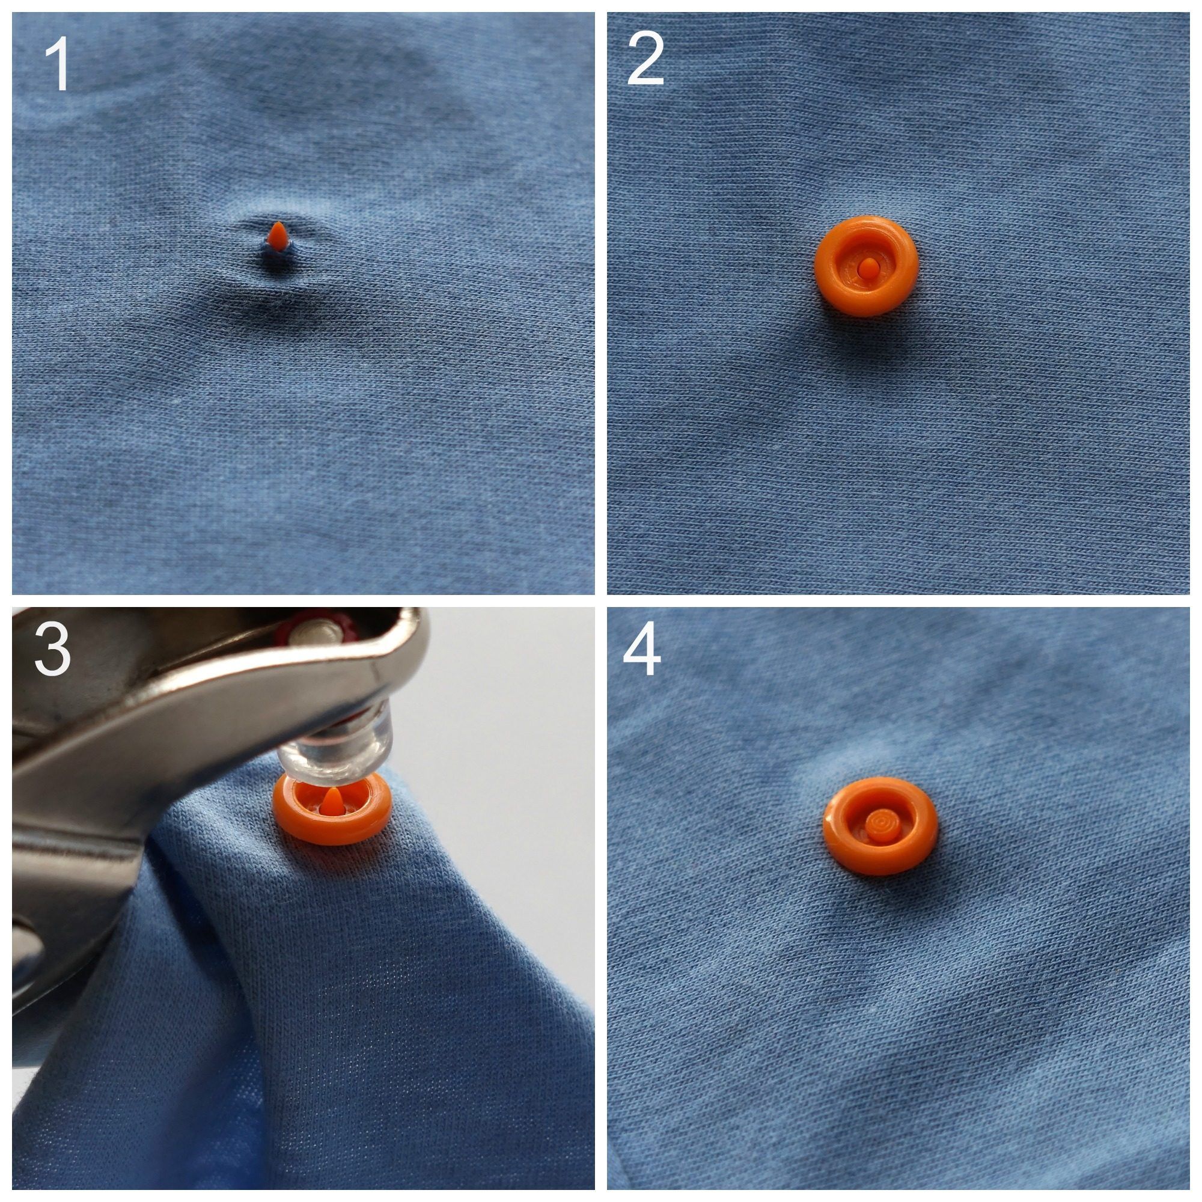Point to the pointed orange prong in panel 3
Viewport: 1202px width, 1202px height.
(x=334, y=799)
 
